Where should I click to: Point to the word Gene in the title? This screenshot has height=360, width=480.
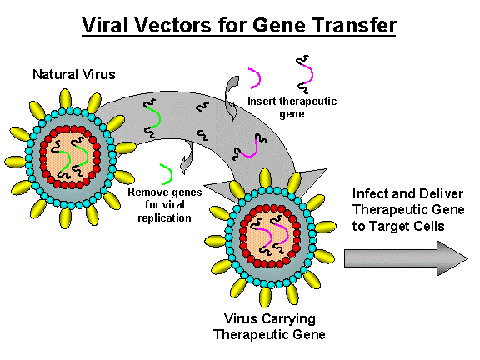[x=279, y=25]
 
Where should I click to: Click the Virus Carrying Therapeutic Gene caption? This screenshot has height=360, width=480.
[x=272, y=327]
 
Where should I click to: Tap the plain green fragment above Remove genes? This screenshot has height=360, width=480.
[x=167, y=172]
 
